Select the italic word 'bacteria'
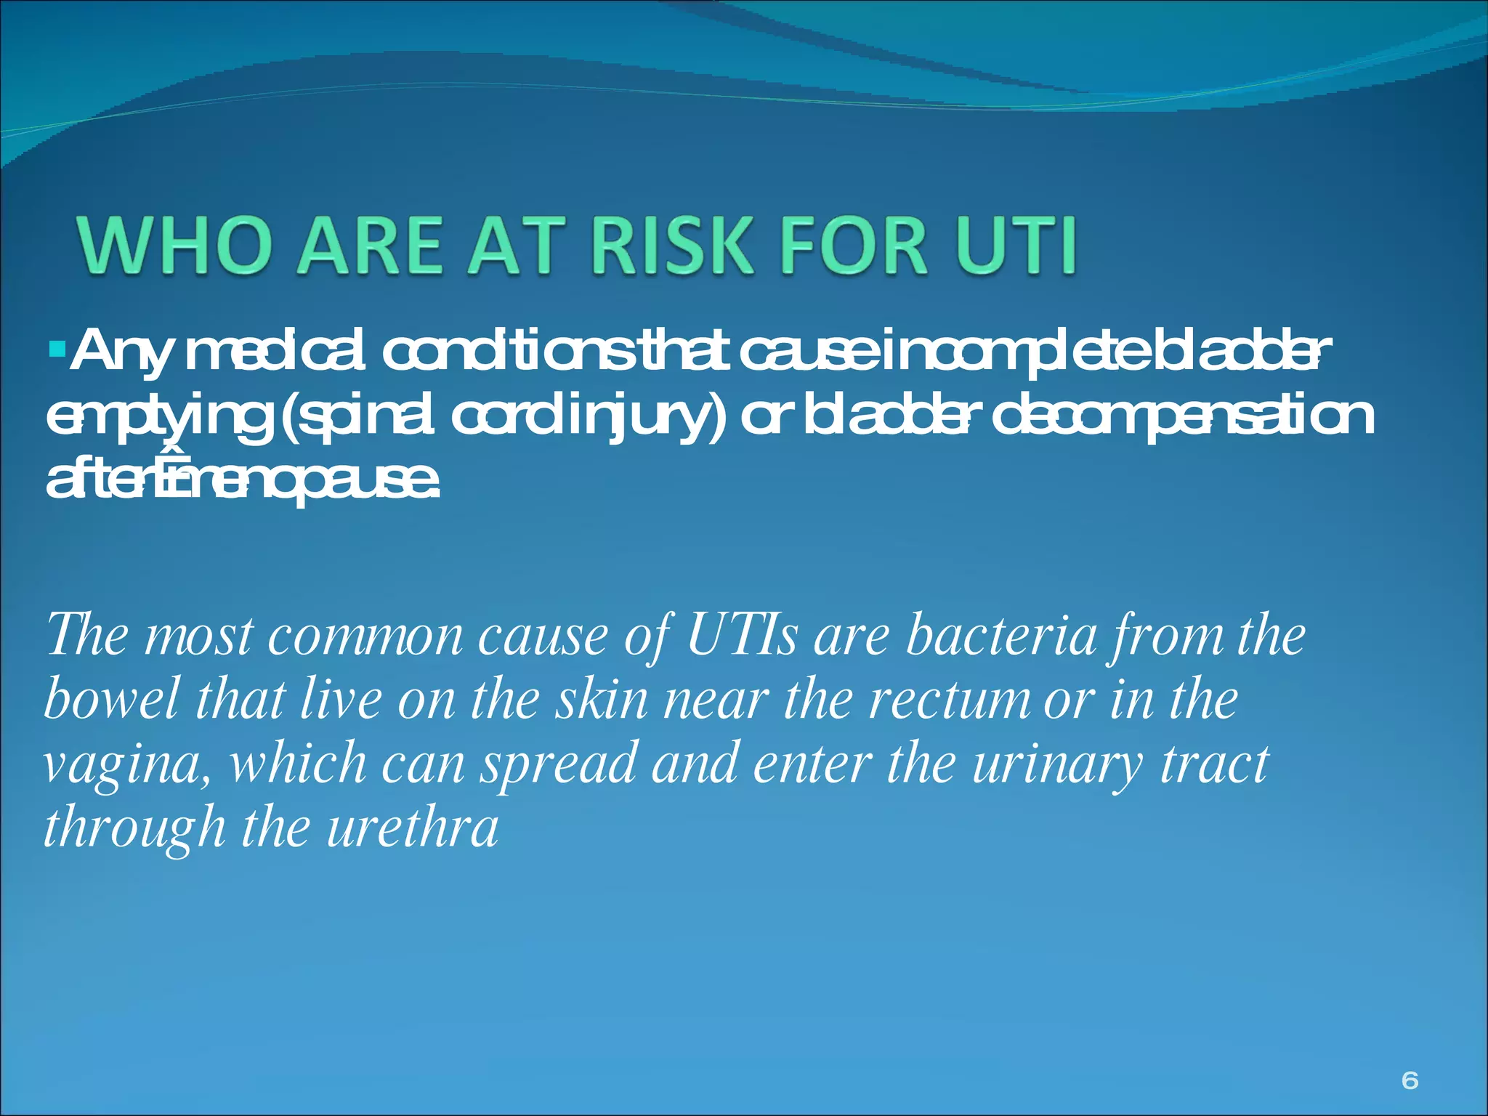pos(1002,636)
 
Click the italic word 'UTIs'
pos(742,636)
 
